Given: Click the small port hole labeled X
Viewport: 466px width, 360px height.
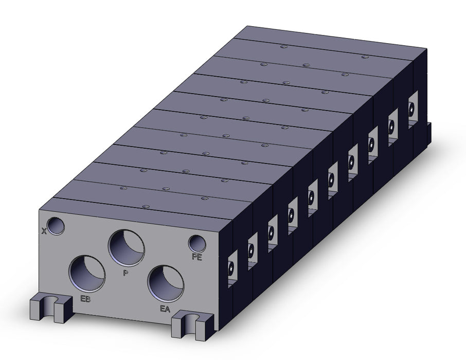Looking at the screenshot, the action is tap(56, 226).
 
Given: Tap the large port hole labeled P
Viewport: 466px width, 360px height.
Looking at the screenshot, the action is tap(127, 248).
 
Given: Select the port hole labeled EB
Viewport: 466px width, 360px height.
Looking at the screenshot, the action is tap(87, 274).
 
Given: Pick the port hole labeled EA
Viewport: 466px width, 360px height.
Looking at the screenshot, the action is tap(166, 283).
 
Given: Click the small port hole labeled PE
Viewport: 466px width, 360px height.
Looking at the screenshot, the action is tap(197, 244).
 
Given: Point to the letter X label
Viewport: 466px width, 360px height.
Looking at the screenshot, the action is tap(44, 231).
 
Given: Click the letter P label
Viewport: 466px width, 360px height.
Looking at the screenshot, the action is tap(126, 273).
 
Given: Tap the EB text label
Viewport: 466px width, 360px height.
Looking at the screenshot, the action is tap(85, 299).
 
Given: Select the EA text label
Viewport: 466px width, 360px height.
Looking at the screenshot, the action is tap(165, 309).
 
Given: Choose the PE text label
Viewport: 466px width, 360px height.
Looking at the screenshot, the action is tap(197, 257).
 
